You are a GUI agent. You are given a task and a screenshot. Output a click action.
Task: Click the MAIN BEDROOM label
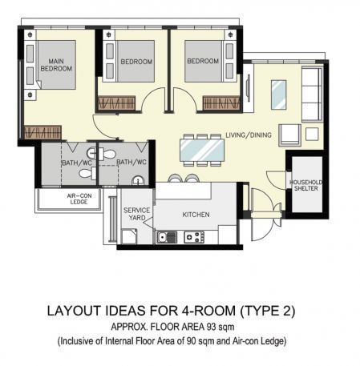pos(56,65)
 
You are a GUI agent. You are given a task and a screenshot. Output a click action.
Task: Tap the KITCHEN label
pos(196,215)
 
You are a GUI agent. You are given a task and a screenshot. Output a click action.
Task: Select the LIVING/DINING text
pos(249,135)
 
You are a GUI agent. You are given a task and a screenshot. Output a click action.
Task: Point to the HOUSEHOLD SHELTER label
pos(306,185)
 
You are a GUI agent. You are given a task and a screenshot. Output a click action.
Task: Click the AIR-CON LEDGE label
pos(79,199)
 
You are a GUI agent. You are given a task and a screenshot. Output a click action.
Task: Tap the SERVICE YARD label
pos(136,214)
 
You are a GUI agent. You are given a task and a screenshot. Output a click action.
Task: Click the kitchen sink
pos(167,237)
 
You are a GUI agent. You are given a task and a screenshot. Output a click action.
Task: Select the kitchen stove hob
pos(194,237)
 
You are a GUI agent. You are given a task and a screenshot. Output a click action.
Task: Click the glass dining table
pos(202,150)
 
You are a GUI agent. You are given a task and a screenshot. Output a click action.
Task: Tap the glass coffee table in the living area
pos(279,95)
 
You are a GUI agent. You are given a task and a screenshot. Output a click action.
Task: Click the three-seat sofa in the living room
pos(312,95)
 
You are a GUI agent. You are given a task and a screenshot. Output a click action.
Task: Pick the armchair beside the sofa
pos(289,135)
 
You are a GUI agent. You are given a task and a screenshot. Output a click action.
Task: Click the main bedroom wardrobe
pos(42,132)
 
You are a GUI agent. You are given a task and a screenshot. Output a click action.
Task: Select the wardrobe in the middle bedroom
pos(116,103)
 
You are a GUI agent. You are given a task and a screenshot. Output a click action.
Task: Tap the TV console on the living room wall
pos(249,88)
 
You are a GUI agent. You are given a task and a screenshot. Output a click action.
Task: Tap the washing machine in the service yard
pos(129,236)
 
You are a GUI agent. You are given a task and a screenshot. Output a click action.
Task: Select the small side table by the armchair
pos(312,134)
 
